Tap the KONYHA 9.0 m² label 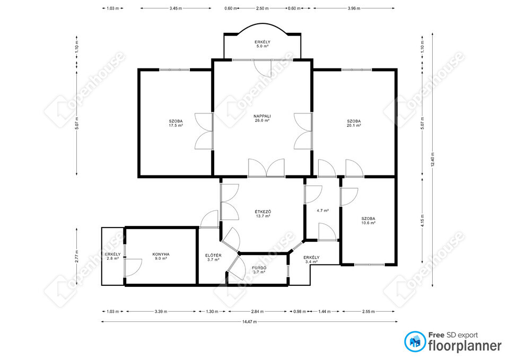click(x=161, y=257)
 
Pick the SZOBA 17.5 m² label click(x=175, y=124)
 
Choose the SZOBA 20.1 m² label click(x=354, y=124)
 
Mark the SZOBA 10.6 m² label click(x=368, y=221)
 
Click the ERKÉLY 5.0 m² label click(x=262, y=44)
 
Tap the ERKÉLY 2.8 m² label click(x=112, y=257)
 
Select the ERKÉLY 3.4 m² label click(x=311, y=259)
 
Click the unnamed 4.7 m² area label click(x=323, y=210)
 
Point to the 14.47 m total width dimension click(x=249, y=322)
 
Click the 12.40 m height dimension click(x=433, y=160)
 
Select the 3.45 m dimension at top click(x=175, y=8)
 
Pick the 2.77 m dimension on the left click(x=76, y=257)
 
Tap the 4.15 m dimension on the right click(x=423, y=221)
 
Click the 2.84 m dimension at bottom click(x=258, y=311)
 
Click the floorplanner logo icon click(x=415, y=341)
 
